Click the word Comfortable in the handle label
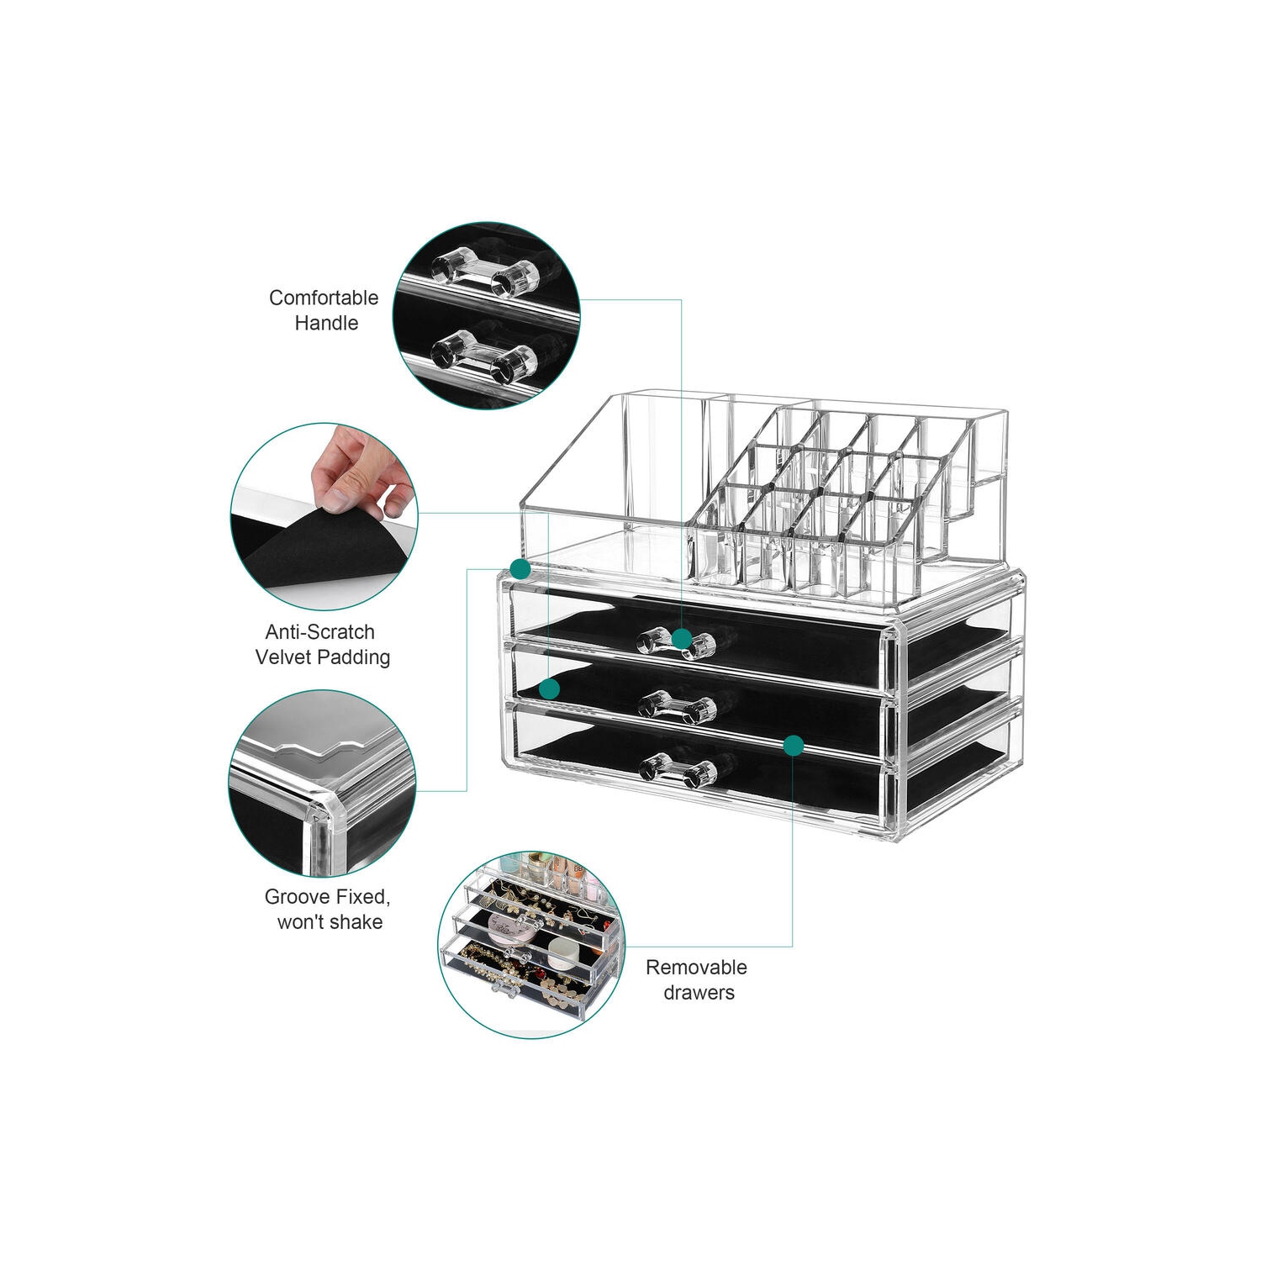[x=324, y=298]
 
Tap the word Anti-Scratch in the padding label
[x=319, y=631]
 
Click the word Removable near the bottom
[x=696, y=967]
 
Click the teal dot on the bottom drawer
[x=794, y=746]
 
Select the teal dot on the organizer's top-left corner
[x=520, y=569]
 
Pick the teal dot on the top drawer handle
[x=682, y=639]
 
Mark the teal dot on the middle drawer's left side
[x=549, y=689]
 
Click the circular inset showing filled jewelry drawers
[x=531, y=944]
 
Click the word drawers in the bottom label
[x=699, y=993]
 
